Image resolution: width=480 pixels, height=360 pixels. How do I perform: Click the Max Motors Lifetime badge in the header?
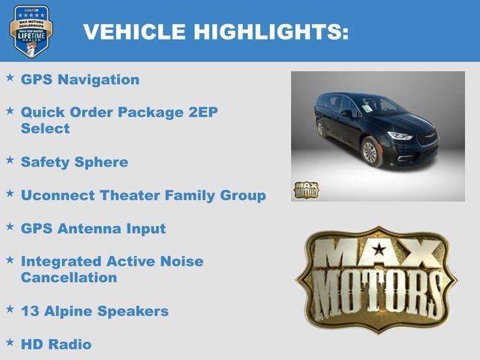click(x=31, y=31)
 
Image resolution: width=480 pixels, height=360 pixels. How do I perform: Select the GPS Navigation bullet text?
click(x=79, y=79)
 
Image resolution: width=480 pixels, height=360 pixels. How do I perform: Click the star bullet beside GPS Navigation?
click(x=10, y=77)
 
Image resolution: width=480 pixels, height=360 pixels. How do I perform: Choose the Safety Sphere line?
click(x=74, y=162)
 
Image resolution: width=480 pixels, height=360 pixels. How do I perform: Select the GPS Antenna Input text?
click(x=93, y=228)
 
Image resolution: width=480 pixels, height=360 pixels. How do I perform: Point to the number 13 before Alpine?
click(x=29, y=310)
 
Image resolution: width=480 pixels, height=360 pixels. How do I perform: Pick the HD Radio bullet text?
click(x=56, y=344)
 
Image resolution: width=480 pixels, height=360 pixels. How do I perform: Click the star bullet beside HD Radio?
click(x=10, y=342)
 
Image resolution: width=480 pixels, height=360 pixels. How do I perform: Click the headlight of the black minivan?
click(x=400, y=136)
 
